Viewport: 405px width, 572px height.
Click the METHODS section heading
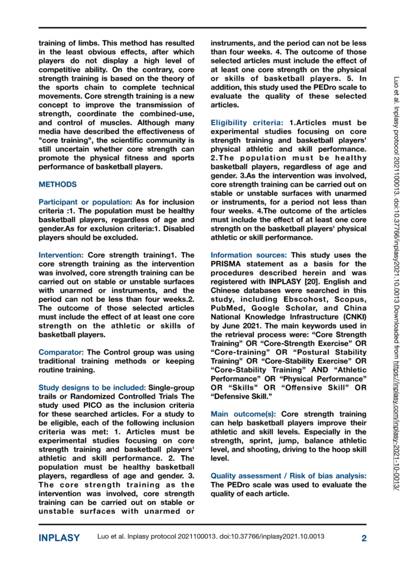[58, 184]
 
